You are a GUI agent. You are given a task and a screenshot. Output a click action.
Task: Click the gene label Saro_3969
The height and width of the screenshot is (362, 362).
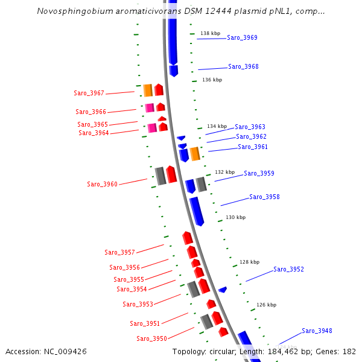point(242,37)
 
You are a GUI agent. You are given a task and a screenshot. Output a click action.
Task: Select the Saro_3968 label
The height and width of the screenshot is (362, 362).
point(243,66)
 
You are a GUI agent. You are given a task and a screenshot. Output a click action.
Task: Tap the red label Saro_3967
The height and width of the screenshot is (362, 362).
point(89,93)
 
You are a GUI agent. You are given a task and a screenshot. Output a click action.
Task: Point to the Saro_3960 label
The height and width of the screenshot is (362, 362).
point(102,184)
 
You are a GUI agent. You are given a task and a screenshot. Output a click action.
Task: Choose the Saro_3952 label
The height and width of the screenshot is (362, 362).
point(288,269)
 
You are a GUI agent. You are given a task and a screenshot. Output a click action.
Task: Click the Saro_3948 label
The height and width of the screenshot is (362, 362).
point(317,331)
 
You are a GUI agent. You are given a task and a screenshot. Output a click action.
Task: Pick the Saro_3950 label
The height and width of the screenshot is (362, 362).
point(151,338)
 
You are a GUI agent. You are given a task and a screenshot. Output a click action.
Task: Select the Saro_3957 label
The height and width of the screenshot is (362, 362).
point(119,252)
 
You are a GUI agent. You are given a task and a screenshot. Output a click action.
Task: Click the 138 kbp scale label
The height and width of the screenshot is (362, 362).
point(211,33)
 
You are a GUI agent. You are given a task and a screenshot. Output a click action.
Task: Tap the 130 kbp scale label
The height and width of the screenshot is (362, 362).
point(236,217)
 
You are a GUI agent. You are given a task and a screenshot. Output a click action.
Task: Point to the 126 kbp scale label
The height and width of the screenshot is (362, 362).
point(266,305)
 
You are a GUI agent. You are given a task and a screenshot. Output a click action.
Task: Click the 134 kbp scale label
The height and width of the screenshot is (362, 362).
point(217,126)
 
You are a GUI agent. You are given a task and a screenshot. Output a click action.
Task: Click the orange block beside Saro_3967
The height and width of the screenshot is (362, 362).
point(148,91)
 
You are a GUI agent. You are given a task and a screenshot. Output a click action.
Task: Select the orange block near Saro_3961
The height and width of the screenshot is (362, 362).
point(195,154)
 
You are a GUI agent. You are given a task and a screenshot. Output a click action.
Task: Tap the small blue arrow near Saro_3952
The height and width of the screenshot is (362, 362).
point(223,290)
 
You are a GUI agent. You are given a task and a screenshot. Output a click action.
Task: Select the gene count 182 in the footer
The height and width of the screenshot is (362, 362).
point(349,351)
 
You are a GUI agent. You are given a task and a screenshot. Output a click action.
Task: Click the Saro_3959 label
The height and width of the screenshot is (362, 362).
point(259,173)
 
